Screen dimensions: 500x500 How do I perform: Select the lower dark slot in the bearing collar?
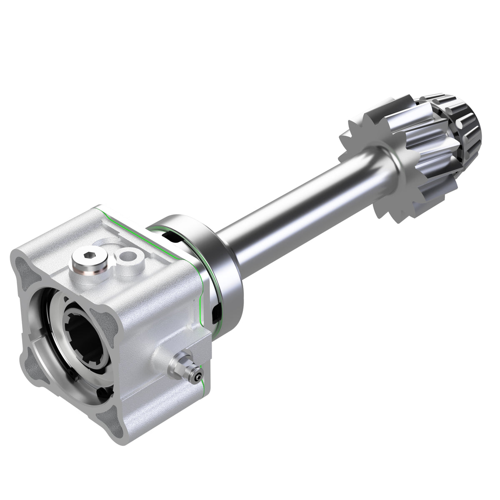(216, 312)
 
